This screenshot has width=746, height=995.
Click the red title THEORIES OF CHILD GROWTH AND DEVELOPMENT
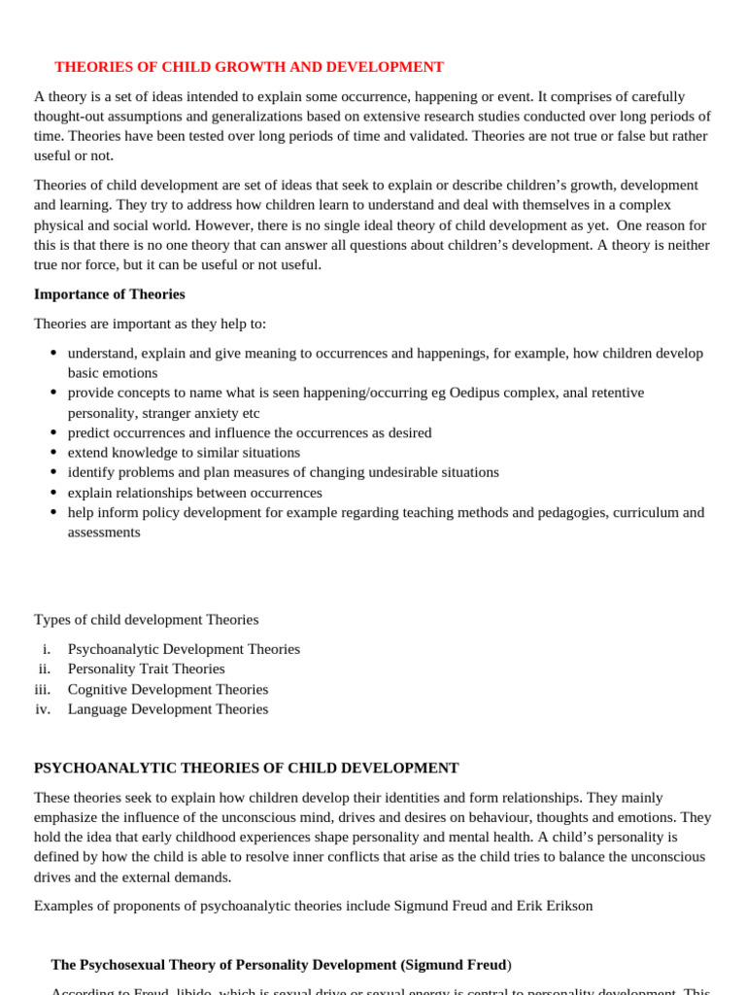point(249,67)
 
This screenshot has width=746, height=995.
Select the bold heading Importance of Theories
point(109,293)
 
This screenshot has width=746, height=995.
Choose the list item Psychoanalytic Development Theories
point(184,649)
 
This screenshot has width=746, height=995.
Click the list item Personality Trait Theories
point(146,669)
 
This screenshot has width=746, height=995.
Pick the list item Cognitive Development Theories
point(167,689)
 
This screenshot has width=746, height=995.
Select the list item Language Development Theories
point(167,709)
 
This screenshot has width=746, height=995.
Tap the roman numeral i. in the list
point(46,649)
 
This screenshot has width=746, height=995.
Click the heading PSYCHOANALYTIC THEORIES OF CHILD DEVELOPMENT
point(246,768)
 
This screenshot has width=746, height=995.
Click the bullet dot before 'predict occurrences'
point(52,432)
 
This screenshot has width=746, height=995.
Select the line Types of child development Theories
point(146,620)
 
